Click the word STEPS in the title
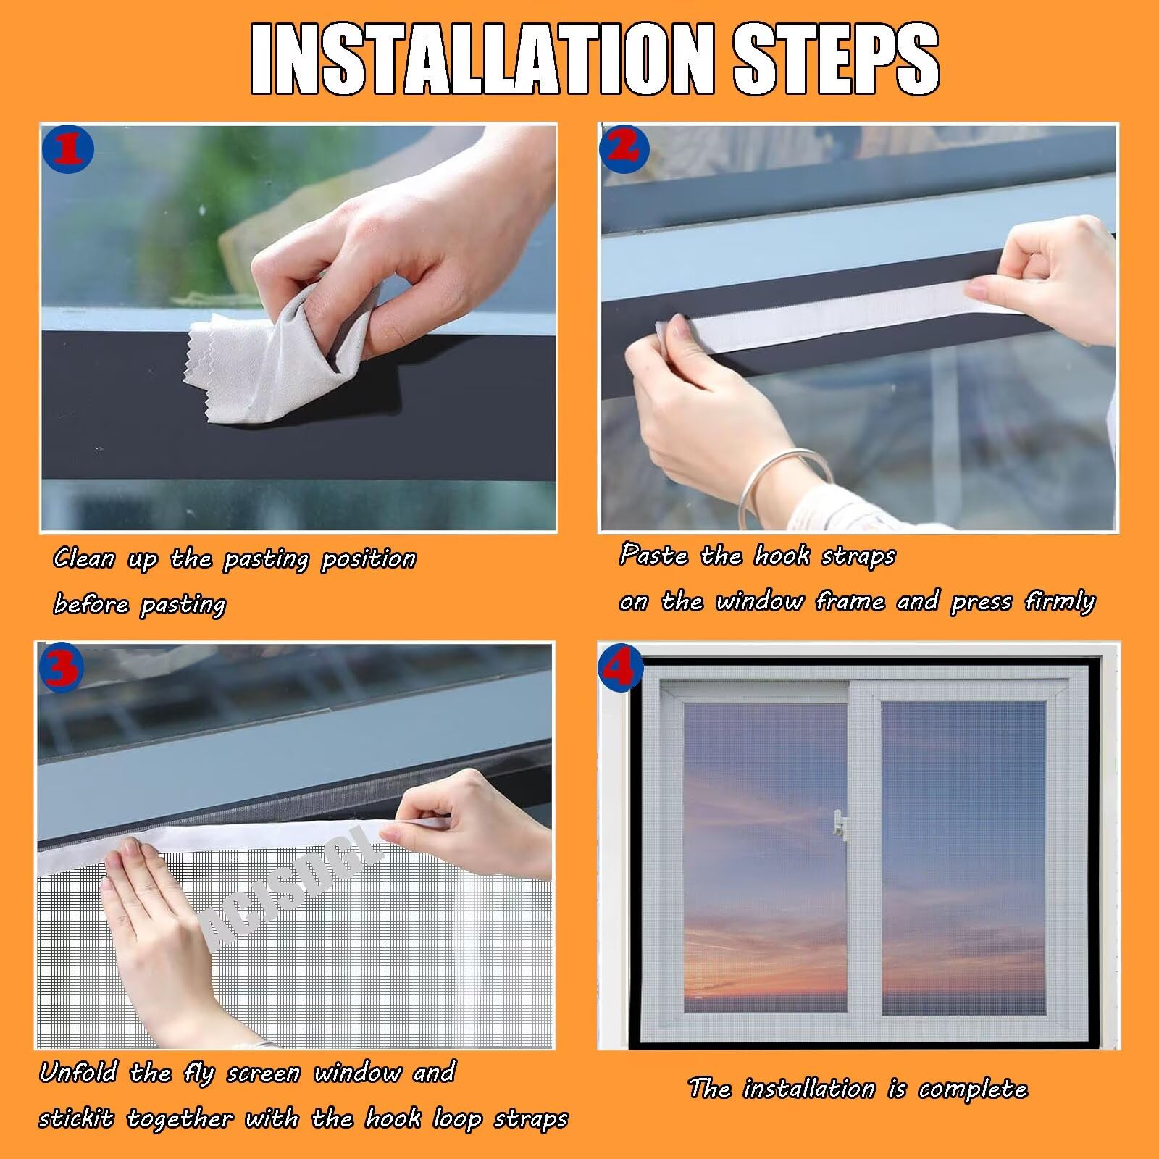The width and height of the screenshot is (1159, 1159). [837, 59]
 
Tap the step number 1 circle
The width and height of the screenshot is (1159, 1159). [68, 150]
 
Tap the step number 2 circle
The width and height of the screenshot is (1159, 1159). [625, 148]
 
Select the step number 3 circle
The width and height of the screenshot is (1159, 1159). [62, 667]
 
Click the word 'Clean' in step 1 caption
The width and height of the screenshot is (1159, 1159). [84, 558]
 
